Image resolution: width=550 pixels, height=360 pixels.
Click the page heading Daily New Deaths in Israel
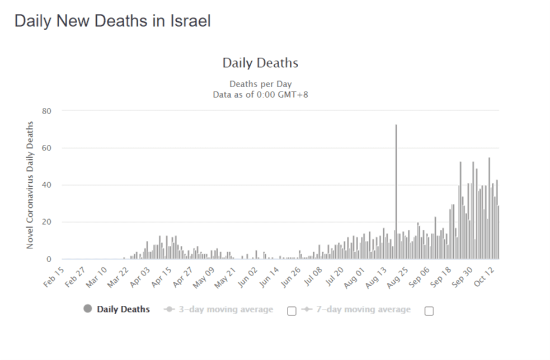click(x=112, y=21)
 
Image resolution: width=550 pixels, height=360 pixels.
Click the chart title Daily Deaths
click(x=260, y=63)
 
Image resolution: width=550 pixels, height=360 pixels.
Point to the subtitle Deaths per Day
click(x=260, y=84)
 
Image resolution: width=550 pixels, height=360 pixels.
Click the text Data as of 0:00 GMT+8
click(x=260, y=94)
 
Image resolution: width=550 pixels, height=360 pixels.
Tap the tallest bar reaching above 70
click(x=396, y=190)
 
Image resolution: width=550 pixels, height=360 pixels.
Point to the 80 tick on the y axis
click(x=46, y=111)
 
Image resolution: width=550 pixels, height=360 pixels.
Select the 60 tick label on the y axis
click(x=46, y=148)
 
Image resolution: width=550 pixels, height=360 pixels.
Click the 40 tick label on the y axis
click(x=46, y=185)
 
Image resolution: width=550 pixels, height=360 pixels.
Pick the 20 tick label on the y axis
click(x=46, y=222)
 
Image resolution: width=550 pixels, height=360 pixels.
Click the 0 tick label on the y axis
click(x=49, y=259)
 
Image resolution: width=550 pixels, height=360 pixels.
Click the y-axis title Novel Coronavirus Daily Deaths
click(x=30, y=185)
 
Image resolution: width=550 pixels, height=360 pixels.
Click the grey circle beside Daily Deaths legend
click(x=87, y=309)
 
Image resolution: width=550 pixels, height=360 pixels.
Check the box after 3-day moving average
click(x=292, y=311)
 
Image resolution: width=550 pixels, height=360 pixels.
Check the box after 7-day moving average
click(x=429, y=311)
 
